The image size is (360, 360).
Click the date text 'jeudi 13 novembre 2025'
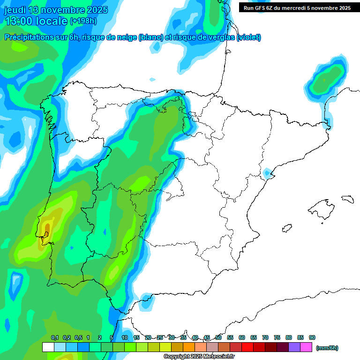[x=56, y=10]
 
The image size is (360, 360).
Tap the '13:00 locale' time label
[x=37, y=21]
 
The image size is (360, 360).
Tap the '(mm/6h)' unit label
[x=327, y=348]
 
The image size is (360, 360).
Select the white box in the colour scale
[x=48, y=347]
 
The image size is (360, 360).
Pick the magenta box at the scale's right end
[x=306, y=347]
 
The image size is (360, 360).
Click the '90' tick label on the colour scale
[x=312, y=337]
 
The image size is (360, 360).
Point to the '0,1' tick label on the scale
[x=55, y=337]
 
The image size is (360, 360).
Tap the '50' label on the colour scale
[x=218, y=337]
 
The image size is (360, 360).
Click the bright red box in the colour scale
[x=247, y=347]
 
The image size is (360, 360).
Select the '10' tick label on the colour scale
[x=125, y=337]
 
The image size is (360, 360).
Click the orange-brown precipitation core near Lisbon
[x=46, y=228]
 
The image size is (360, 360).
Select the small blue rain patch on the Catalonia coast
[x=267, y=173]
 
